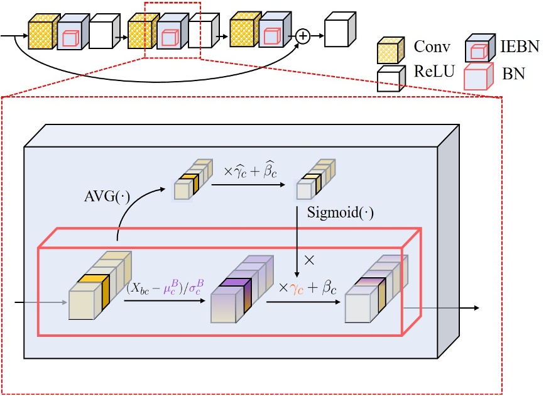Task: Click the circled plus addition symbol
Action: coord(303,36)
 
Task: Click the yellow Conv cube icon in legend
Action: coord(390,49)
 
